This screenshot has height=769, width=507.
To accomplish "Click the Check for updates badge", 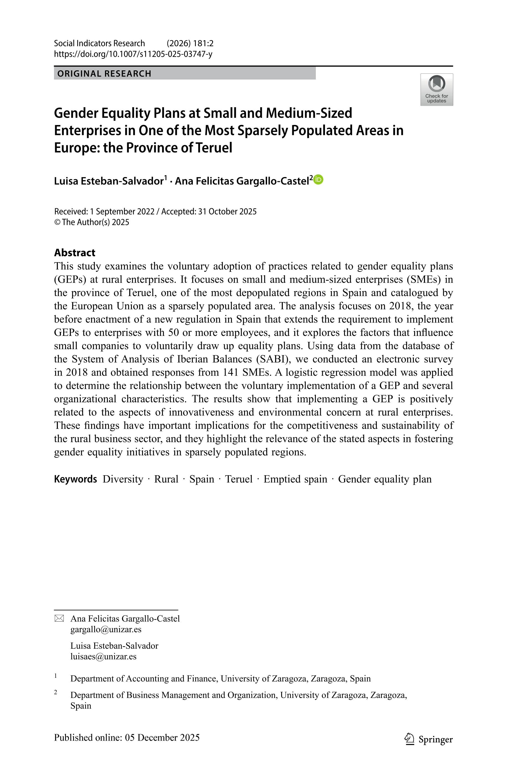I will point(437,90).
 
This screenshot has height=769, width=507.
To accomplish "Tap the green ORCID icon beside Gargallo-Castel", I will point(319,180).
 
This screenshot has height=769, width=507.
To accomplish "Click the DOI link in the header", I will point(133,54).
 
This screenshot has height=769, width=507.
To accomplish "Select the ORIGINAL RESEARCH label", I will point(104,74).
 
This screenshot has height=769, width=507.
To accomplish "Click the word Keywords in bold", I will point(75,479).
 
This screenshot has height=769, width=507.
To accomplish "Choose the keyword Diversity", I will point(123,479).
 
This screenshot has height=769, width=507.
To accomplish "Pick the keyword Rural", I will point(166,479).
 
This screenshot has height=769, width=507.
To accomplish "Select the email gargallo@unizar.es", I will point(106,629).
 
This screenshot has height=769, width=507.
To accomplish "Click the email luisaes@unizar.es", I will point(103,656).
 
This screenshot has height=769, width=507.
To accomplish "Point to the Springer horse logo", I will point(410,739).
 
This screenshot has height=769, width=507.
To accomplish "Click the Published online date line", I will point(127,738).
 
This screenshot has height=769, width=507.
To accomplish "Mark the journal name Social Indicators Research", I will point(99,43).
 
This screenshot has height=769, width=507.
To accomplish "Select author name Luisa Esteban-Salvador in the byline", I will point(109,181).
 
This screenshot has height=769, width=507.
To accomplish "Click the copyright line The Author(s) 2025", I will point(91,222).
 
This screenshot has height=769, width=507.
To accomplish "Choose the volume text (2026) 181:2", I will point(190,43).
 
